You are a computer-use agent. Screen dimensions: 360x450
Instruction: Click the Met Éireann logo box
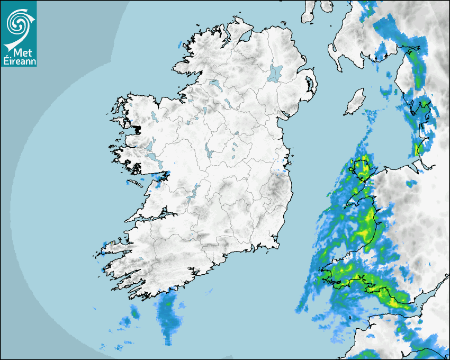pyautogui.click(x=19, y=33)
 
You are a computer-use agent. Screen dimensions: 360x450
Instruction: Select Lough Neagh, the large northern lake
pyautogui.click(x=275, y=73)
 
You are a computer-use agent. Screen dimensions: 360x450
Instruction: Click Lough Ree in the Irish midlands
pyautogui.click(x=210, y=154)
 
